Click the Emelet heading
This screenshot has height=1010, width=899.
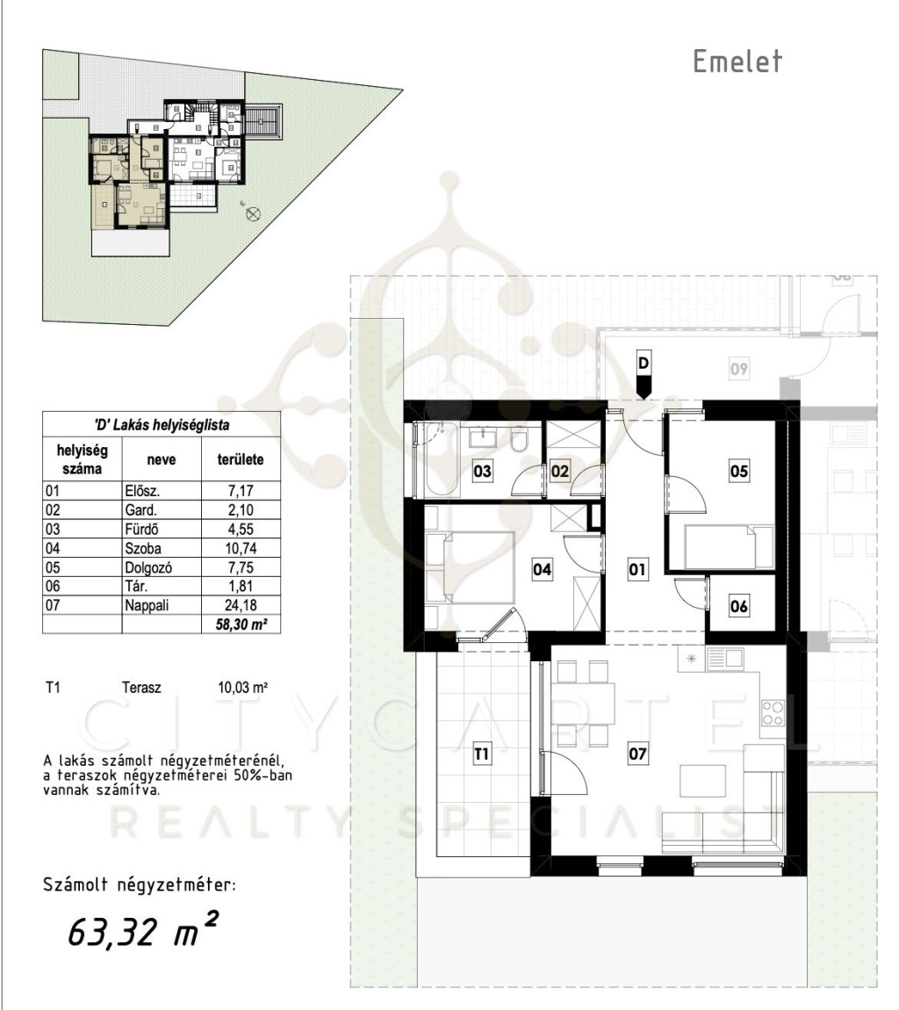click(x=737, y=61)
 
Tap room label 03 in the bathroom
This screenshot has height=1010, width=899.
click(x=482, y=472)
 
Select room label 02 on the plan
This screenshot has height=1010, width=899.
click(x=559, y=472)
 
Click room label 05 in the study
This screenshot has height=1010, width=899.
click(x=738, y=471)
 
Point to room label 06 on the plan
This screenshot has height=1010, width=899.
click(x=738, y=606)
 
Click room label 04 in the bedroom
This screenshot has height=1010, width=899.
click(x=543, y=569)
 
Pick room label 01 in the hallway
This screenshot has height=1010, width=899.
click(x=636, y=569)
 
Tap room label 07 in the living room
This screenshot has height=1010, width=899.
click(x=637, y=753)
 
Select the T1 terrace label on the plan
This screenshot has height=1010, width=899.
click(x=482, y=753)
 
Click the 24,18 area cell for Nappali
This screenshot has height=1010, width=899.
click(x=241, y=605)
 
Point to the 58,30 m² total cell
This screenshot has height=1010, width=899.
click(x=241, y=624)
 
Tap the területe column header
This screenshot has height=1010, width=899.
click(x=241, y=460)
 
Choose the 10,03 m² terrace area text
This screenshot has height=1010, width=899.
click(x=243, y=688)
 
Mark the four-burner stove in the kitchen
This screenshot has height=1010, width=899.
click(x=773, y=712)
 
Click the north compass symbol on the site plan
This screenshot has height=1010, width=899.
click(x=253, y=213)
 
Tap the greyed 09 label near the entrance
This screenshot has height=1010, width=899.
click(x=738, y=369)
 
